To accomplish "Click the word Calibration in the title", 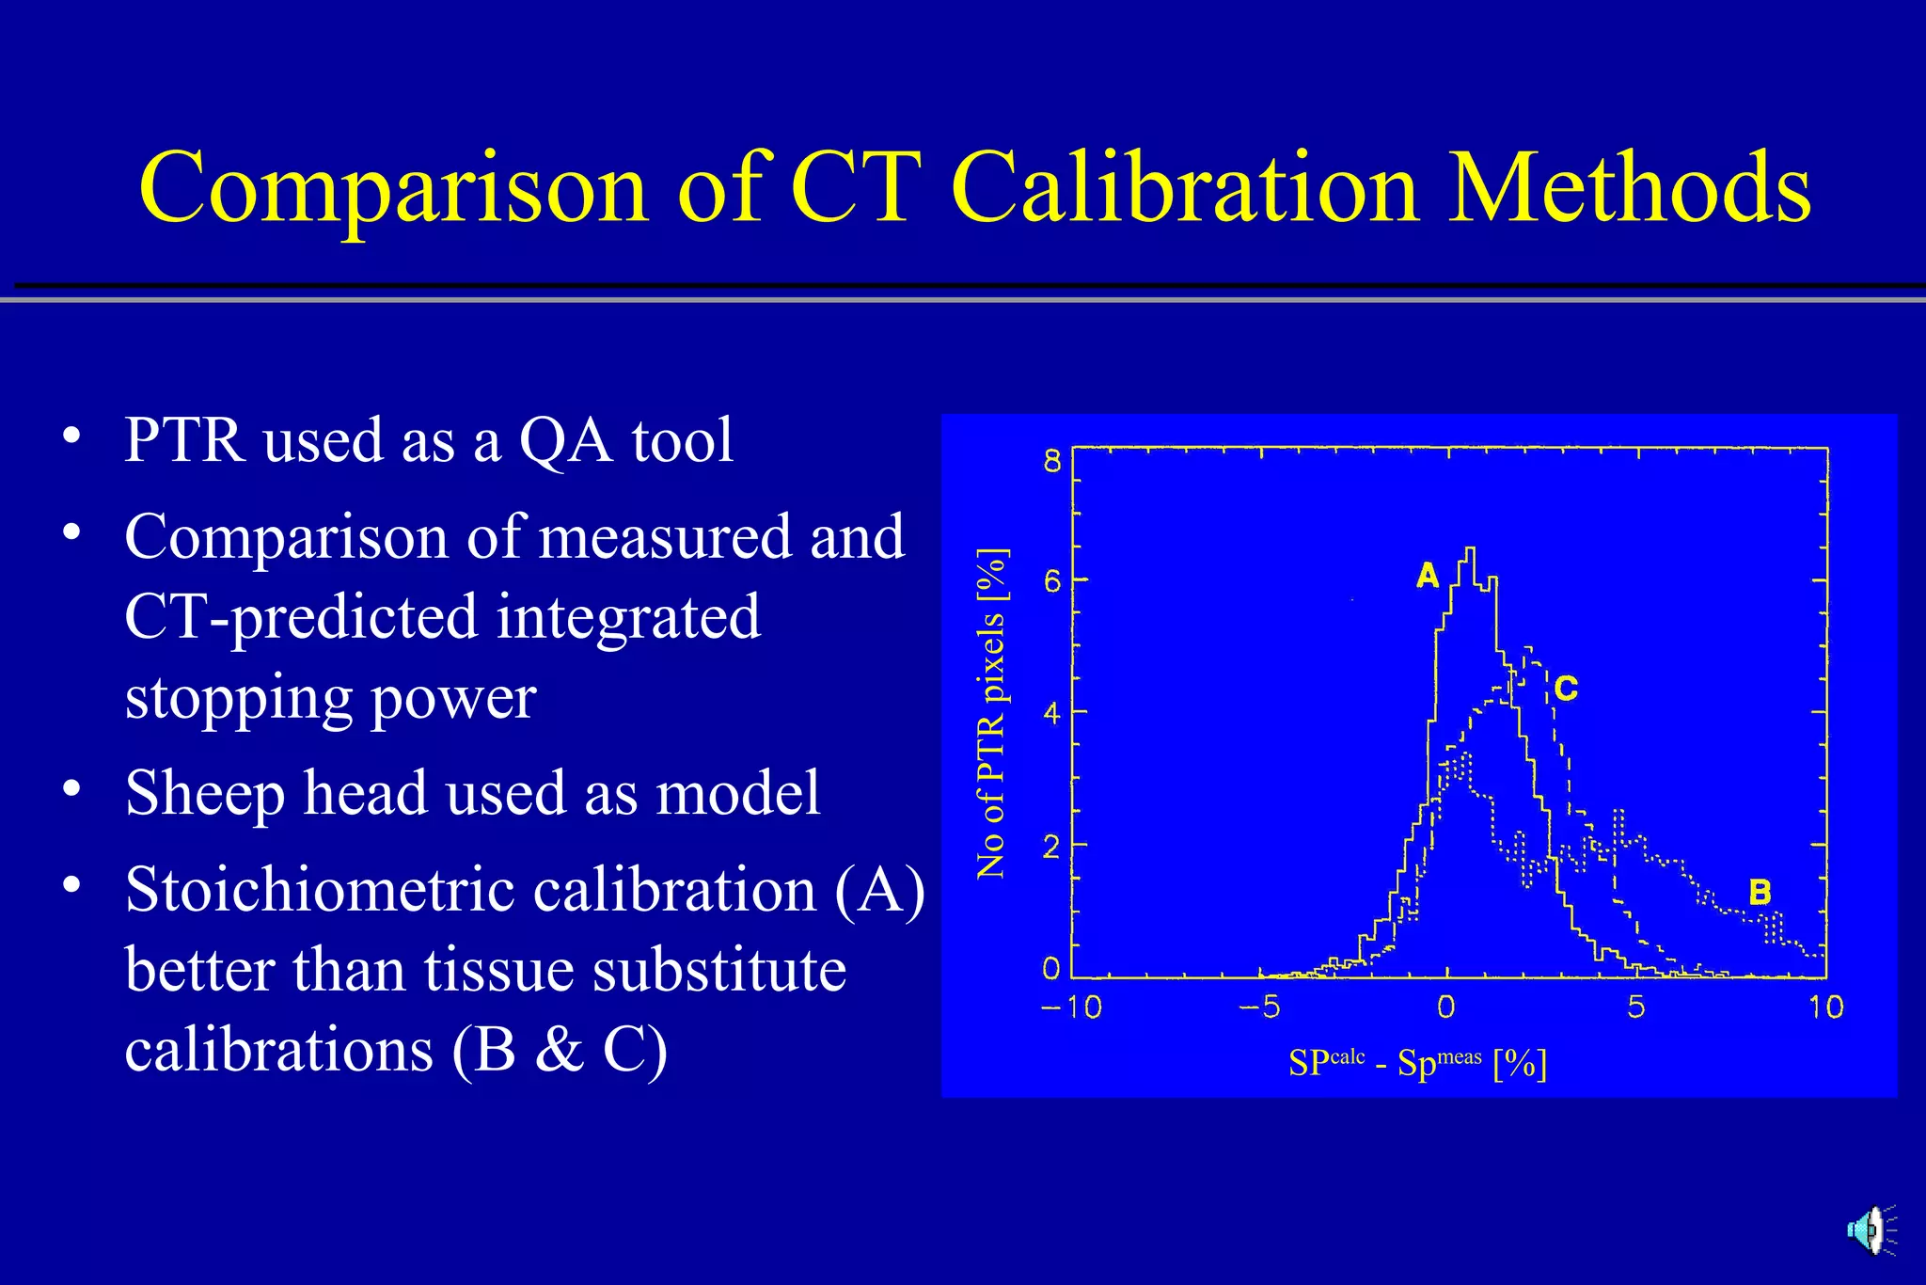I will (1184, 187).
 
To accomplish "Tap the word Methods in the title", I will (1629, 187).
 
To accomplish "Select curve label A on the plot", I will (1428, 576).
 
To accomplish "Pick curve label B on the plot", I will (1760, 892).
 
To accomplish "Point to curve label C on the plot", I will (1566, 689).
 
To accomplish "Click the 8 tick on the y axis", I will (1051, 461).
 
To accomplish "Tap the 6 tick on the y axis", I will (1051, 581).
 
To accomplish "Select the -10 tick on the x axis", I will (1071, 1007).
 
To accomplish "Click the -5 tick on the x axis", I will (1259, 1007).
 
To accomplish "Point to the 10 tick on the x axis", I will (1825, 1007).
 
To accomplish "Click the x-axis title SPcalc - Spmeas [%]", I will (1417, 1063).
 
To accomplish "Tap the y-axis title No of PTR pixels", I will (991, 713).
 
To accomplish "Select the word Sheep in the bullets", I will (204, 794).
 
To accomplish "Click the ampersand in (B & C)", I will (560, 1050).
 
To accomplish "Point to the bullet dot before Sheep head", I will (71, 788).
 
